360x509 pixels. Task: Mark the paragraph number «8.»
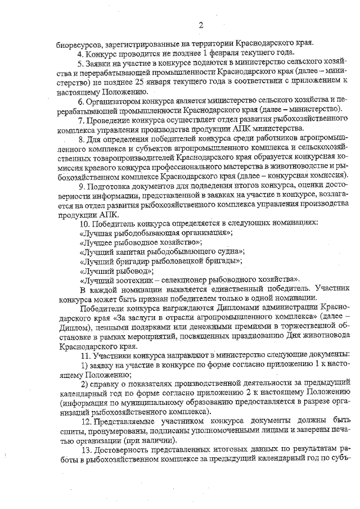point(82,139)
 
